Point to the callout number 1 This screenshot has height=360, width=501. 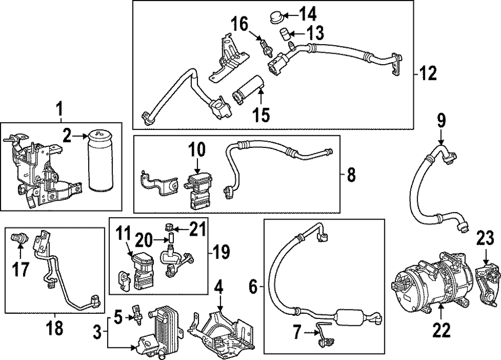tap(60, 108)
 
